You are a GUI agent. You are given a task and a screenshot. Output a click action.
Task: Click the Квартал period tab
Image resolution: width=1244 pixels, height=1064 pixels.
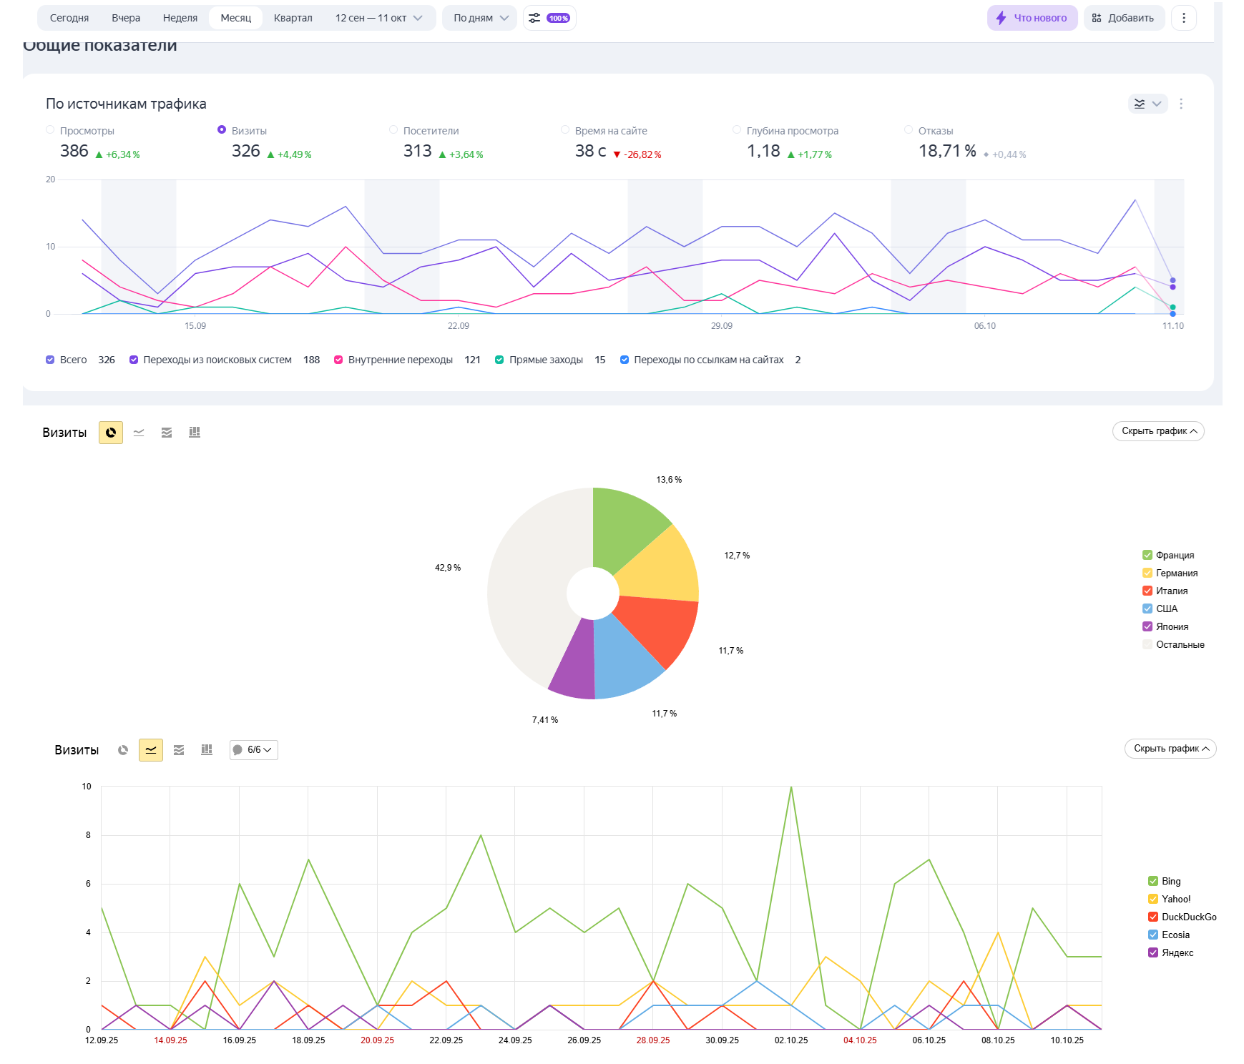coord(293,18)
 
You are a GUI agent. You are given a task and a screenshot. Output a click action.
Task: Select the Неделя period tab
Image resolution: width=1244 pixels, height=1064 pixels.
coord(180,18)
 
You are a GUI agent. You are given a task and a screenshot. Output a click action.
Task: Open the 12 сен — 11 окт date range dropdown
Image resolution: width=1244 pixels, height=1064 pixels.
coord(378,18)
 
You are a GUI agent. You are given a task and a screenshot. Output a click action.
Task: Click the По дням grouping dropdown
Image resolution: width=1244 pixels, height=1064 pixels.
coord(480,18)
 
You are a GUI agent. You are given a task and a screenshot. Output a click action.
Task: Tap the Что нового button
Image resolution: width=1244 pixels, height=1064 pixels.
coord(1032,18)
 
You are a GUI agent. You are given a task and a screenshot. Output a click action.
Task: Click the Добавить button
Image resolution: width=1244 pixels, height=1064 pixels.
coord(1123,18)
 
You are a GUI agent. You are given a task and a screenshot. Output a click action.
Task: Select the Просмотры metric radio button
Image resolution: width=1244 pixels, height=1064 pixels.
coord(50,130)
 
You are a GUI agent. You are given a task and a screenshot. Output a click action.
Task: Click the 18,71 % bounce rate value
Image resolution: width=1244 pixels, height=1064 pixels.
coord(947,151)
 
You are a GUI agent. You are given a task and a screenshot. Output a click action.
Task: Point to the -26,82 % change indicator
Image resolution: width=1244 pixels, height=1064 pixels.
coord(637,154)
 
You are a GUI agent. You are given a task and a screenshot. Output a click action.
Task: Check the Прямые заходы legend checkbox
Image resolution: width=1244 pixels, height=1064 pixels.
coord(499,360)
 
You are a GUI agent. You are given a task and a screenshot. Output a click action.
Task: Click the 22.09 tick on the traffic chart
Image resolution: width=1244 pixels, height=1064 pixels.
coord(459,326)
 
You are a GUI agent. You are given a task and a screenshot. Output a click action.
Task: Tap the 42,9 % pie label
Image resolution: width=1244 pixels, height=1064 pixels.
coord(448,568)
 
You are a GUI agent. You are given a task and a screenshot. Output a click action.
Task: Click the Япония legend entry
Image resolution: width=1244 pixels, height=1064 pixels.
coord(1172,626)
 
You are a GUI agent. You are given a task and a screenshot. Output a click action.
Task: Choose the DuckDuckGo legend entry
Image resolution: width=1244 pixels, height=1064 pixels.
coord(1188,917)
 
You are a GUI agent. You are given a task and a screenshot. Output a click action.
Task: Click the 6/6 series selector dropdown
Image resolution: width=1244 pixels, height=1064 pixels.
coord(254,749)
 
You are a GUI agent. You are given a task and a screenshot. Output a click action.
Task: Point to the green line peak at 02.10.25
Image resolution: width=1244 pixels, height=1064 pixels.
coord(791,787)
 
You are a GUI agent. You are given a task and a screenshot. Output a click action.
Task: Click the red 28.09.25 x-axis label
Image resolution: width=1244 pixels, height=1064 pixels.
coord(653,1040)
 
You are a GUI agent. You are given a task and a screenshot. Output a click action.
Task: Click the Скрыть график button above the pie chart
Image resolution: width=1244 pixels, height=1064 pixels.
coord(1158,431)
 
